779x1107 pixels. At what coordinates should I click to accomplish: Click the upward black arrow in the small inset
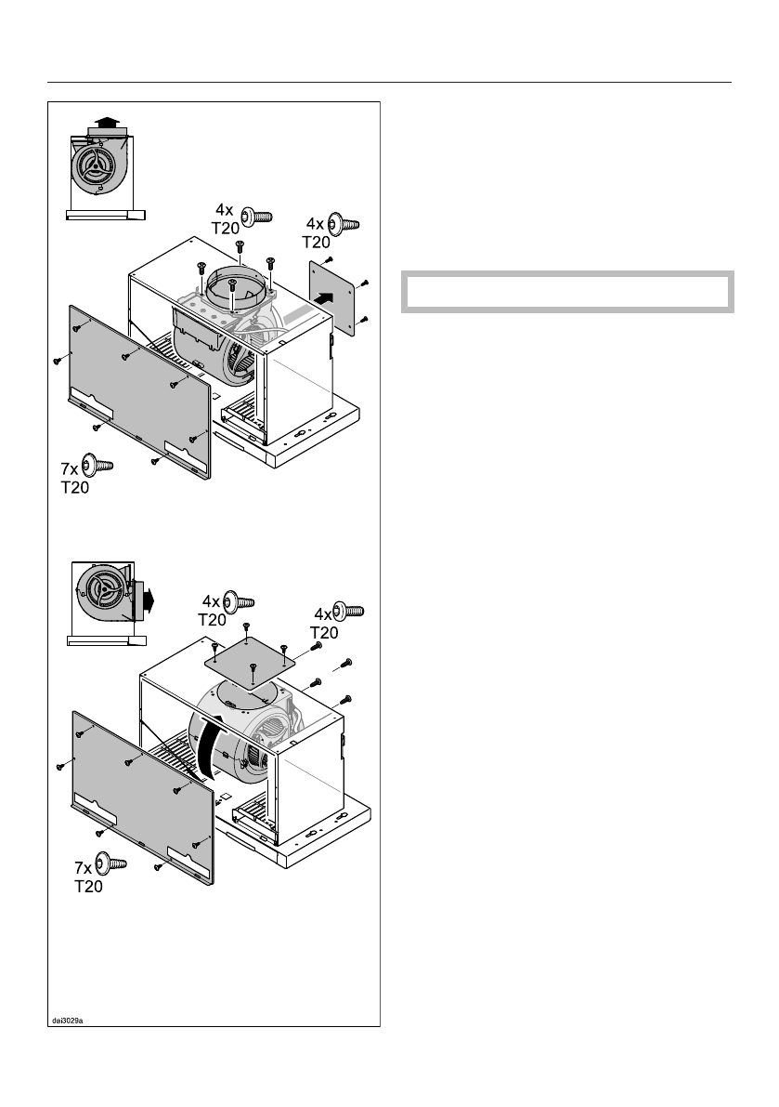(108, 122)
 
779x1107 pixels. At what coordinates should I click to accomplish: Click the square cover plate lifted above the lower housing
(249, 663)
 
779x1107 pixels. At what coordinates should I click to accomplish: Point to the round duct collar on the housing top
(235, 286)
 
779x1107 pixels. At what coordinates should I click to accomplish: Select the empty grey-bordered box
(567, 292)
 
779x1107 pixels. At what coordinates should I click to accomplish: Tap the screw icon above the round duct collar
(255, 217)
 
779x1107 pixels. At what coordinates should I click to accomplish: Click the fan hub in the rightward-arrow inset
(100, 597)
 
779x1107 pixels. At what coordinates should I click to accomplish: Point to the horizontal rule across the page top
(389, 82)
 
